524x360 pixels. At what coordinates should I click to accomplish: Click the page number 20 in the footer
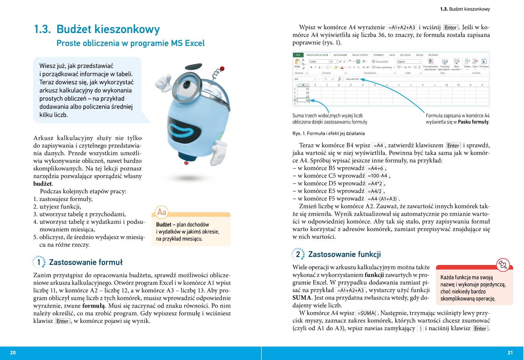(x=13, y=353)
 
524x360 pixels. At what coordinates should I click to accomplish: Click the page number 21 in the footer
(x=510, y=353)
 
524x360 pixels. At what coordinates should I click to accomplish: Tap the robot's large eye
(x=187, y=85)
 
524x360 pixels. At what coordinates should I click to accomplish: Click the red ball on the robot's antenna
(x=222, y=69)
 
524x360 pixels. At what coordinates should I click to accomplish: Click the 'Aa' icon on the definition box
(x=162, y=212)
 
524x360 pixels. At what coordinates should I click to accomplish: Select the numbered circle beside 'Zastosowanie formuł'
(x=39, y=262)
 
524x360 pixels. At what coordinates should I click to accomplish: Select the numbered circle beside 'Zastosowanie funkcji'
(x=298, y=254)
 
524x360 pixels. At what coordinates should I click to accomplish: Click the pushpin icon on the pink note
(x=503, y=265)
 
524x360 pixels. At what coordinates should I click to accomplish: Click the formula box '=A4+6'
(x=375, y=168)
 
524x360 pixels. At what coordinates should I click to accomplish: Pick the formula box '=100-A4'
(x=377, y=176)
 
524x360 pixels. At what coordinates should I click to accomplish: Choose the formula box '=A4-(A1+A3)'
(x=382, y=199)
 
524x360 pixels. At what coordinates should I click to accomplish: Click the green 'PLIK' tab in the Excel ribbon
(x=298, y=55)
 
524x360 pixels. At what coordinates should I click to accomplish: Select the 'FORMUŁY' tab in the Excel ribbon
(x=379, y=55)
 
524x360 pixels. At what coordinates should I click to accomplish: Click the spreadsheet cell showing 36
(x=304, y=100)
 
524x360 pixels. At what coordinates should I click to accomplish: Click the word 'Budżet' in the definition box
(x=164, y=225)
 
